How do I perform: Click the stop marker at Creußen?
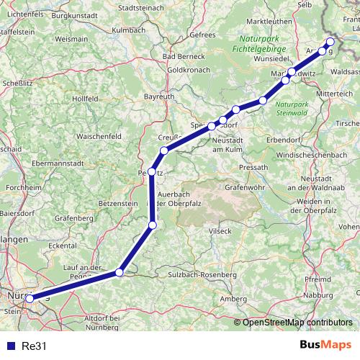tap(164, 150)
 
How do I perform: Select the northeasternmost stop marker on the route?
tap(330, 42)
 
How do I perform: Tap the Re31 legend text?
tap(33, 346)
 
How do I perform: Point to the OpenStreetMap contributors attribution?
tap(298, 323)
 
